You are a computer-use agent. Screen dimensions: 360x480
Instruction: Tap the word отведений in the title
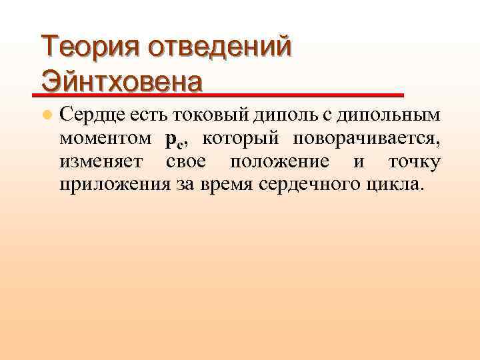pyautogui.click(x=219, y=48)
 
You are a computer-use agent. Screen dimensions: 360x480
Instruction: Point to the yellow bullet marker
pyautogui.click(x=46, y=115)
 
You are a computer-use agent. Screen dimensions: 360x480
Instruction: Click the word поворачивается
pyautogui.click(x=363, y=139)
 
